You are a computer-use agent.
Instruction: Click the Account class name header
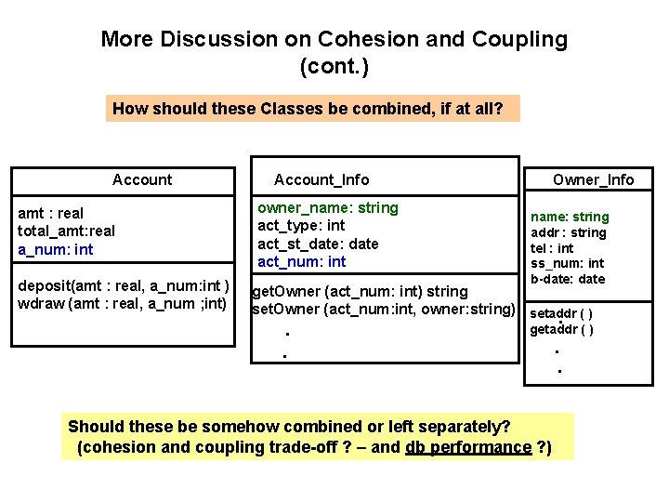(142, 179)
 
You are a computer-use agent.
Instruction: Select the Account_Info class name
(321, 179)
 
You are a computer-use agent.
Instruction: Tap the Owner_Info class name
(593, 179)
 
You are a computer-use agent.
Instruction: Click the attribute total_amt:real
(66, 231)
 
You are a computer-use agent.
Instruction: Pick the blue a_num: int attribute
(56, 249)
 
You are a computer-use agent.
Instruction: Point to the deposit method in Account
(124, 284)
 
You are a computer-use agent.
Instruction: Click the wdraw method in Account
(122, 302)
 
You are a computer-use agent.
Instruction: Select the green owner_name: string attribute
(327, 207)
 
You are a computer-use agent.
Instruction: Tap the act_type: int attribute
(300, 225)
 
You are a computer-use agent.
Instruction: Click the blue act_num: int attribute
(301, 261)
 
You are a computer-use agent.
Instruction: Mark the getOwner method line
(361, 291)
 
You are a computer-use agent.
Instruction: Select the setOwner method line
(384, 309)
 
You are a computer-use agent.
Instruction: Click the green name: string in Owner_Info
(570, 217)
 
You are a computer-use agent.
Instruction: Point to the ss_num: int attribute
(567, 263)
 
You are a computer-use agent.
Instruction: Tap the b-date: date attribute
(567, 279)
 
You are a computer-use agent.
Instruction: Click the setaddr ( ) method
(561, 313)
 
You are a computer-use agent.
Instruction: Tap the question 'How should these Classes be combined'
(308, 109)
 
